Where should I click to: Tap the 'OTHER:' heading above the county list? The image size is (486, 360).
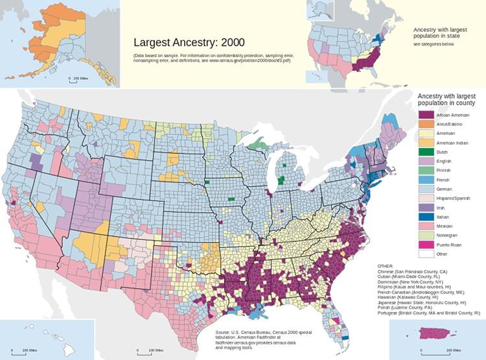tap(386, 266)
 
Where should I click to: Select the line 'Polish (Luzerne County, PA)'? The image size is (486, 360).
tap(408, 307)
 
